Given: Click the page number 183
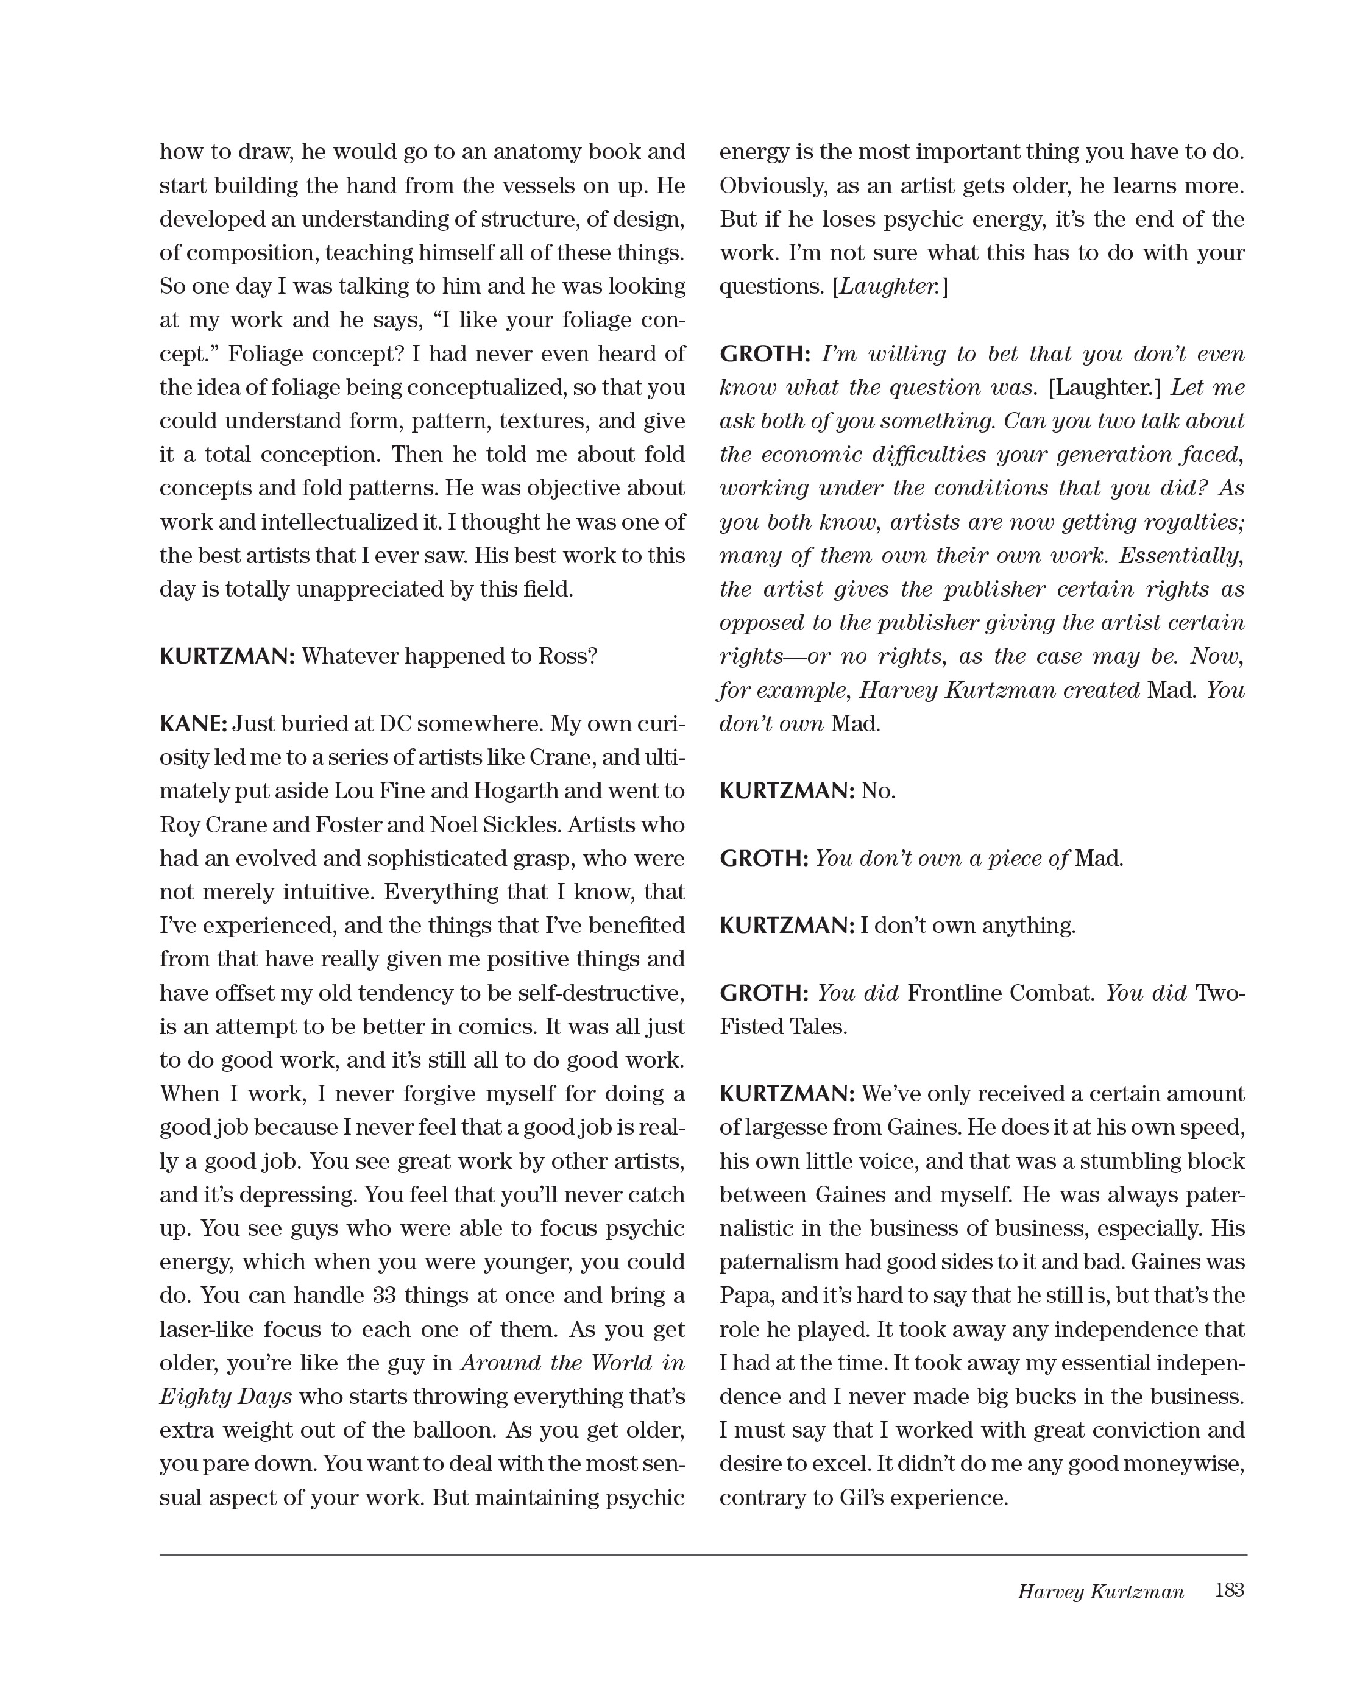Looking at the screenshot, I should (x=1229, y=1589).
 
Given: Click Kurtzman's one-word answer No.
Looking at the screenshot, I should (x=878, y=790).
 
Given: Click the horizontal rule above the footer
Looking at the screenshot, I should (x=703, y=1555).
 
